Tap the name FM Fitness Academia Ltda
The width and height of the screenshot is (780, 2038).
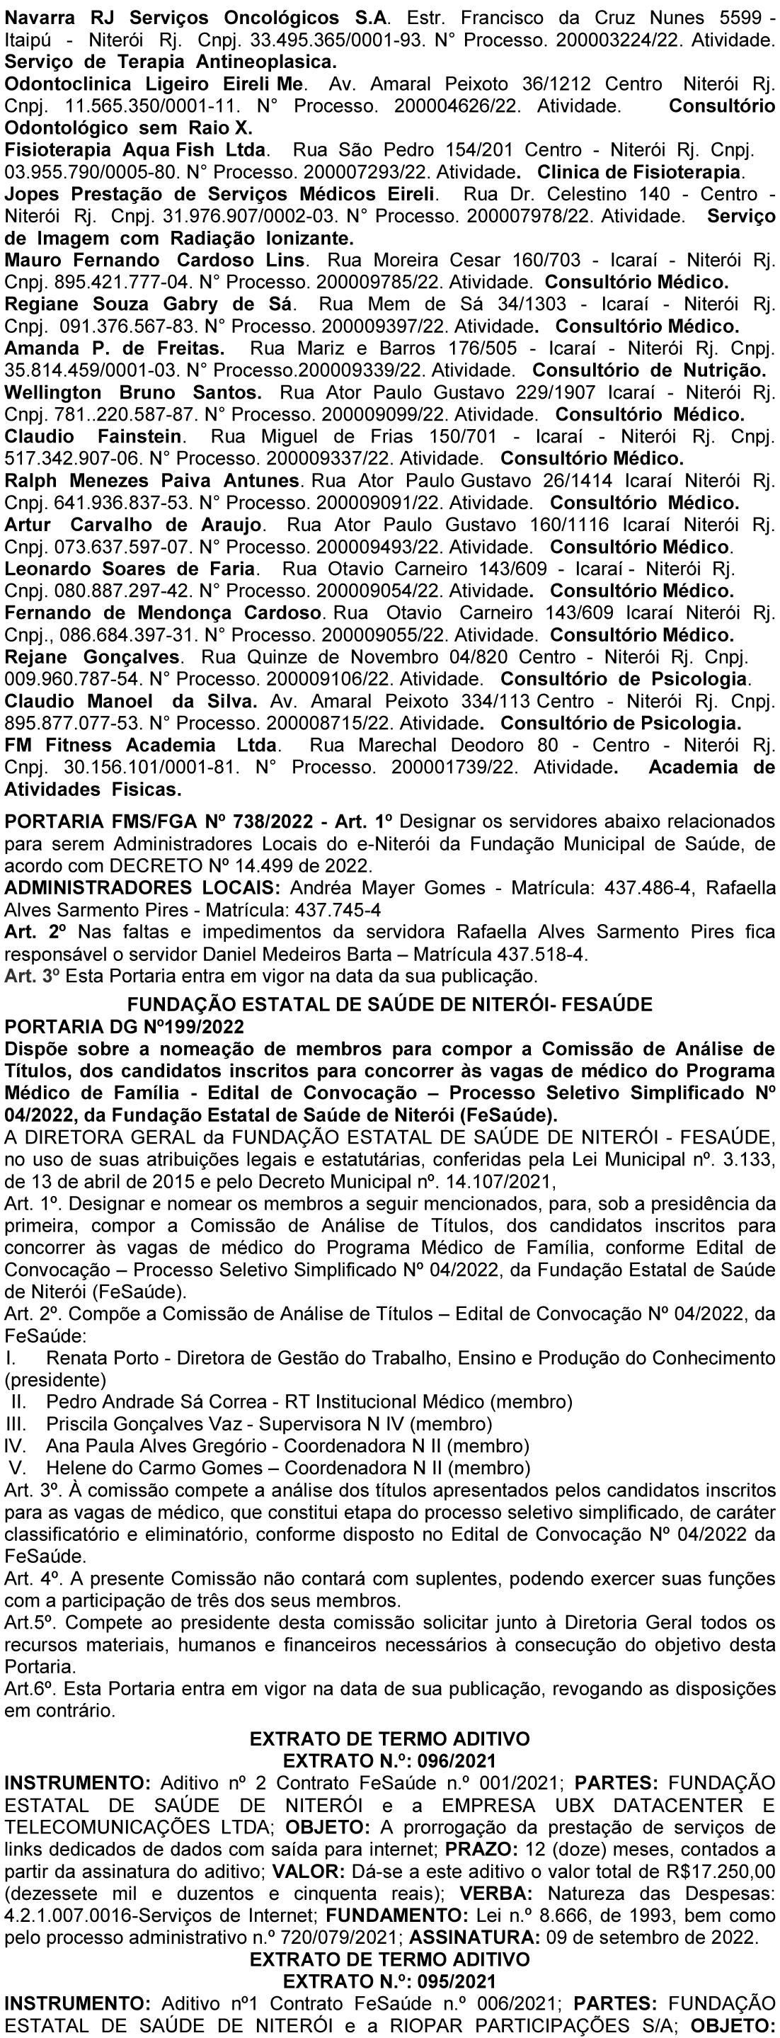(142, 745)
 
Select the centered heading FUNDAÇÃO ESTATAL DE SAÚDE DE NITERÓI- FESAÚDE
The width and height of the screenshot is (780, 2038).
(390, 1005)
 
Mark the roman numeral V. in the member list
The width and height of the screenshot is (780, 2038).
(18, 1469)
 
